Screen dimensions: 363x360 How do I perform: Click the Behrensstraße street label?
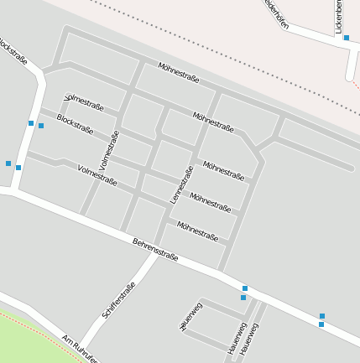(x=155, y=250)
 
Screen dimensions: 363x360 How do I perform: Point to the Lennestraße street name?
(x=182, y=184)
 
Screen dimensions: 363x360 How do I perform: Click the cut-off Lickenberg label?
(x=339, y=17)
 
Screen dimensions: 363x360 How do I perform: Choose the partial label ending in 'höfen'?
(x=276, y=14)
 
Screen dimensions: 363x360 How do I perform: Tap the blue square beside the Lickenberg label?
(x=347, y=38)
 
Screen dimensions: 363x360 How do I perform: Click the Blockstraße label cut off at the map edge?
(x=12, y=50)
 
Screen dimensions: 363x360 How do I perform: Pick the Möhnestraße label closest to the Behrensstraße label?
(x=197, y=231)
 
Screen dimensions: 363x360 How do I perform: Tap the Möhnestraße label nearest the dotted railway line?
(x=179, y=72)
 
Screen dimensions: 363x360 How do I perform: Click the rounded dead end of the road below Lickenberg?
(x=351, y=76)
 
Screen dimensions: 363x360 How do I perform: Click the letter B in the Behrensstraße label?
(x=135, y=241)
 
